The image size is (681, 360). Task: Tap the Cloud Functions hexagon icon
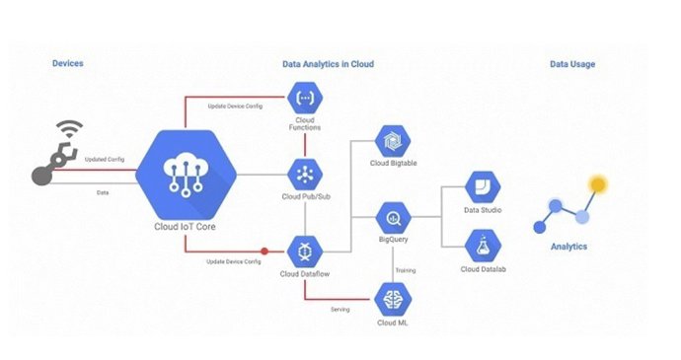pos(302,98)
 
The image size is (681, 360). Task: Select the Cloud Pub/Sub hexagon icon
pos(302,176)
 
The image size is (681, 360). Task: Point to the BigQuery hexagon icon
pos(392,215)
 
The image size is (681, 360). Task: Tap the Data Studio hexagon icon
pos(484,186)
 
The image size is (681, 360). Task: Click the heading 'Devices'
pos(67,64)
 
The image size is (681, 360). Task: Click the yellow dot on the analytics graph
pos(596,183)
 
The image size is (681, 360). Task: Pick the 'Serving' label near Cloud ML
pos(340,309)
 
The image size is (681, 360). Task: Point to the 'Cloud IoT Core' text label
pos(187,226)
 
